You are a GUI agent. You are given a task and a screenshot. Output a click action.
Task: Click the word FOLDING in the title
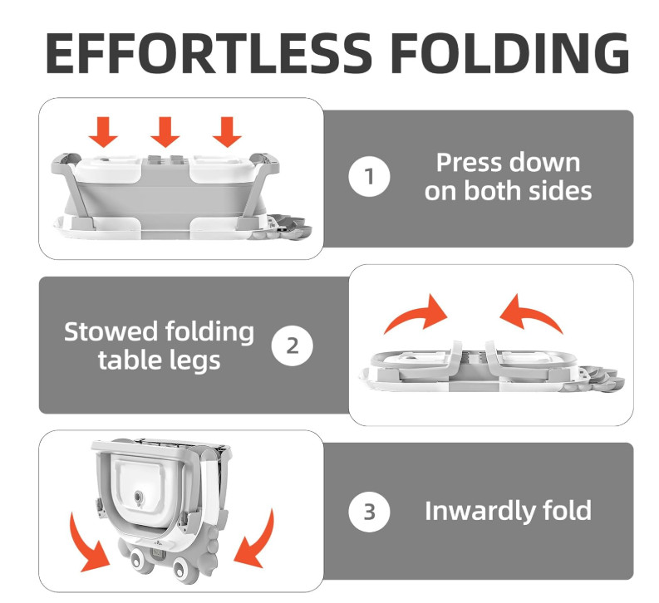509,53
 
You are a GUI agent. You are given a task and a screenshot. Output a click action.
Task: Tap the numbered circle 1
369,177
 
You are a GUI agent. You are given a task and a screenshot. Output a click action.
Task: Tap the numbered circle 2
293,345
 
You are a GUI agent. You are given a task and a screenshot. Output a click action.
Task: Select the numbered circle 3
369,511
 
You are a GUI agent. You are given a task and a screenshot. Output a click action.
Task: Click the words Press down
508,162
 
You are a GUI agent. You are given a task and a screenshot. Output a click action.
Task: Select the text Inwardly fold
508,511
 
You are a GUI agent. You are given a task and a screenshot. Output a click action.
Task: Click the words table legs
160,360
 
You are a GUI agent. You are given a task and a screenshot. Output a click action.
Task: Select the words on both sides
508,191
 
